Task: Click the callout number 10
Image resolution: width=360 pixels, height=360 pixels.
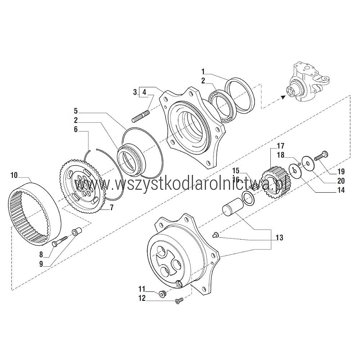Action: click(x=14, y=175)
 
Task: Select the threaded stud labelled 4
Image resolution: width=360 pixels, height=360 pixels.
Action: click(x=141, y=116)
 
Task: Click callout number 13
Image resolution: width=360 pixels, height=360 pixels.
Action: click(x=279, y=237)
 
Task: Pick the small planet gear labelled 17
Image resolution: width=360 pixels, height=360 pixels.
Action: click(x=275, y=182)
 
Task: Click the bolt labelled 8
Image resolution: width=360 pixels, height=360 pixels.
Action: click(x=59, y=241)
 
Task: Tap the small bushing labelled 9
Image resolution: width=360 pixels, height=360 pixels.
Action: click(x=77, y=232)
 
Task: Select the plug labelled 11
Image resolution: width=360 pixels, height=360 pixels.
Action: click(x=162, y=293)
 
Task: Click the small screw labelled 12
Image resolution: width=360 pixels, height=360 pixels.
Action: click(x=179, y=301)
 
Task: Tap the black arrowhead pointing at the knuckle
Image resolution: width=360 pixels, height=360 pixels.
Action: click(x=283, y=97)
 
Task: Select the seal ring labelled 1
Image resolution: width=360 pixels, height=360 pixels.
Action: click(x=240, y=95)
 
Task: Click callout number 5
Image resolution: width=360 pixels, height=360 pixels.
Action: click(x=76, y=111)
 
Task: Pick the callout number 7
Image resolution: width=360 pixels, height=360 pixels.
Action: click(x=112, y=208)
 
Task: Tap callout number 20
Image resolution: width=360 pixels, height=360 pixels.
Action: click(x=341, y=181)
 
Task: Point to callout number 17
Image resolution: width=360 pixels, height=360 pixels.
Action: click(x=280, y=146)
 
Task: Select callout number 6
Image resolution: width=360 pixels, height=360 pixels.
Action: click(x=76, y=130)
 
